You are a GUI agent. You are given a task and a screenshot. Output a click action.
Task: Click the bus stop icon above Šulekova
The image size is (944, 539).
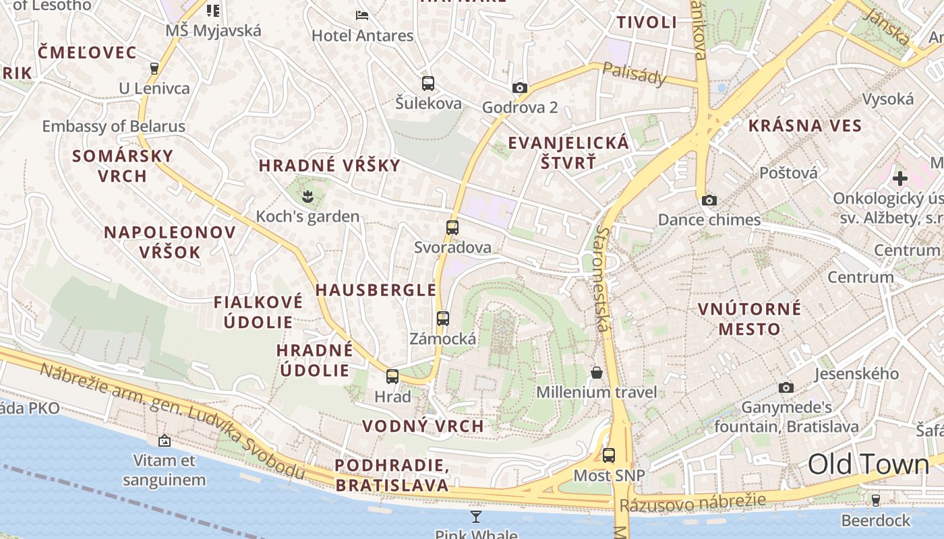click(428, 84)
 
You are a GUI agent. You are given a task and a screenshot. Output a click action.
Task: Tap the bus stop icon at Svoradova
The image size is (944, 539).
click(452, 228)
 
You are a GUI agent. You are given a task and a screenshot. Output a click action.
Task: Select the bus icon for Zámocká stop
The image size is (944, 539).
click(443, 319)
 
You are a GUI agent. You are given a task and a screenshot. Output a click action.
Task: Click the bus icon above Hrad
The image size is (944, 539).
click(392, 377)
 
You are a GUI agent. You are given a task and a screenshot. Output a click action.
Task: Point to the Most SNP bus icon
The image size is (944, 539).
click(609, 455)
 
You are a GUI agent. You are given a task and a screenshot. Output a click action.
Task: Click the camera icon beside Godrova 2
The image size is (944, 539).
click(519, 88)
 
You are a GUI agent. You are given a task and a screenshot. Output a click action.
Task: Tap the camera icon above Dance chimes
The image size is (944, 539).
click(709, 200)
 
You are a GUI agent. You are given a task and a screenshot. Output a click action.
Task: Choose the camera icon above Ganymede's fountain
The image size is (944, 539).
click(786, 387)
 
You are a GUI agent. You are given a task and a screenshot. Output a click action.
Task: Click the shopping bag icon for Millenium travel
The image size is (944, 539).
click(597, 373)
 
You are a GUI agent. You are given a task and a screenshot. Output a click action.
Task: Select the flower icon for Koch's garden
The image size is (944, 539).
click(307, 196)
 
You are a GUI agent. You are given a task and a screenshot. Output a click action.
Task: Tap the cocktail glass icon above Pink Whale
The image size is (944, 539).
click(476, 517)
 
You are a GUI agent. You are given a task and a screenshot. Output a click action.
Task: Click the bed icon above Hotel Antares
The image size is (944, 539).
click(362, 15)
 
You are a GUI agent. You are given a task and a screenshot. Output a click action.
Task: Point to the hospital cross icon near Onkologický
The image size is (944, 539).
click(899, 179)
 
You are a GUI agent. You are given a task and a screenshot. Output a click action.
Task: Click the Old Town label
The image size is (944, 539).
click(868, 465)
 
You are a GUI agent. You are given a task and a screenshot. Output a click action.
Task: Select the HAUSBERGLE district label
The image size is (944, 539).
click(376, 290)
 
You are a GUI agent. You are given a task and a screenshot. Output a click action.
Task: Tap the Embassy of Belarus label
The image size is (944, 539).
click(113, 126)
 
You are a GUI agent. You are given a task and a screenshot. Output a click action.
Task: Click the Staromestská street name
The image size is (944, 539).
click(601, 279)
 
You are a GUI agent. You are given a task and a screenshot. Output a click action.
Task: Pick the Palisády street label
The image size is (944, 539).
click(634, 73)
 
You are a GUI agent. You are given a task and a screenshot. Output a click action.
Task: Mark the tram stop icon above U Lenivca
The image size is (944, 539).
click(154, 68)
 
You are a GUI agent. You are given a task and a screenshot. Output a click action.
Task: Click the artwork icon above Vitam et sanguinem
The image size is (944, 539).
click(164, 441)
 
